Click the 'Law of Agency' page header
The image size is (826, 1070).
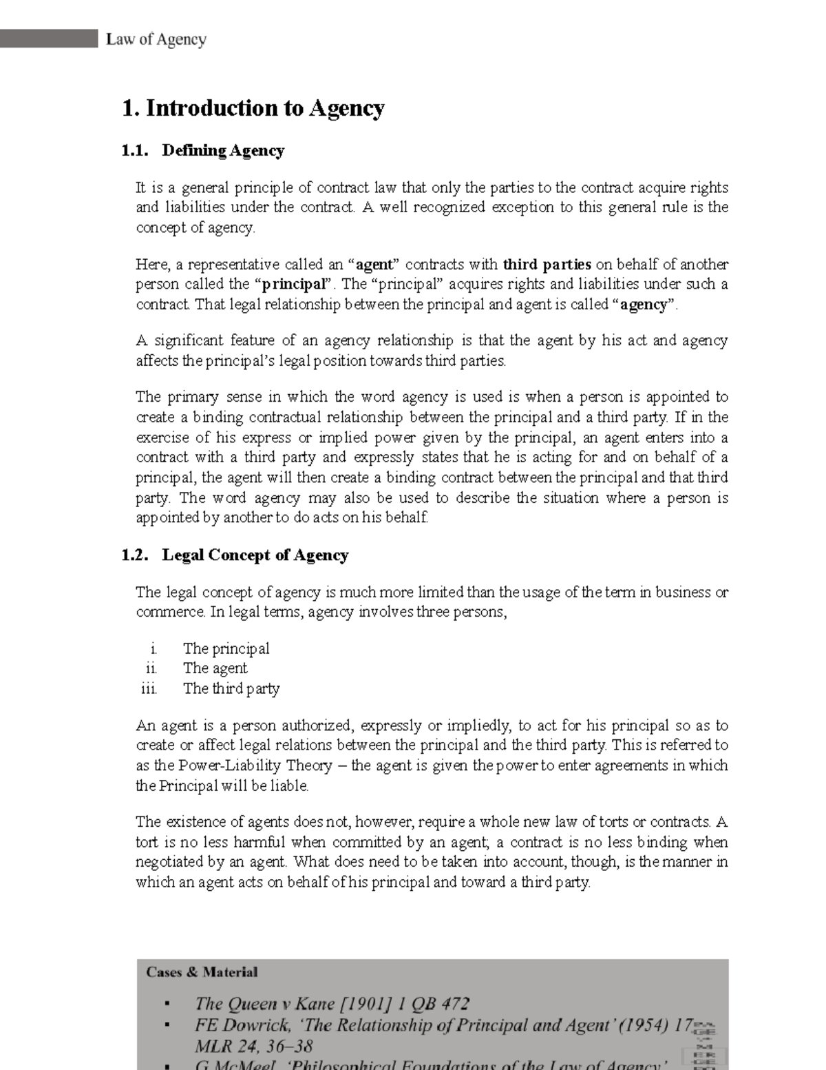(x=156, y=39)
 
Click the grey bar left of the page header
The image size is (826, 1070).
(x=49, y=39)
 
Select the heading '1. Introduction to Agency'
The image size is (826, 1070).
(x=253, y=108)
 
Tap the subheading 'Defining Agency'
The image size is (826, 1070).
(x=223, y=151)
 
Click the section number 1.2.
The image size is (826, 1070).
(x=135, y=555)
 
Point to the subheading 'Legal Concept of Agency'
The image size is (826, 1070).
(x=255, y=555)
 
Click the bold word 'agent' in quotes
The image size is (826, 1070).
(x=374, y=265)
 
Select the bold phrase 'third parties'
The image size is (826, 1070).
(x=547, y=265)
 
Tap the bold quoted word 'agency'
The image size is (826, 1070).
(x=644, y=305)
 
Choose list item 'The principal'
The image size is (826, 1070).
(x=226, y=648)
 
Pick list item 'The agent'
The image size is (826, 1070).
(x=215, y=668)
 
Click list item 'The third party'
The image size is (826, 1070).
(x=231, y=688)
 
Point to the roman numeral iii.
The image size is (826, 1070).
(x=149, y=688)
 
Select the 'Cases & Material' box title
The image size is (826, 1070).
(x=202, y=972)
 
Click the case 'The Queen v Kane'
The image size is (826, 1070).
(x=332, y=1004)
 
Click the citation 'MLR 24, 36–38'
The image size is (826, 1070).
(x=254, y=1047)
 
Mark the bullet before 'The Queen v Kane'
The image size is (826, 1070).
(x=167, y=1005)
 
